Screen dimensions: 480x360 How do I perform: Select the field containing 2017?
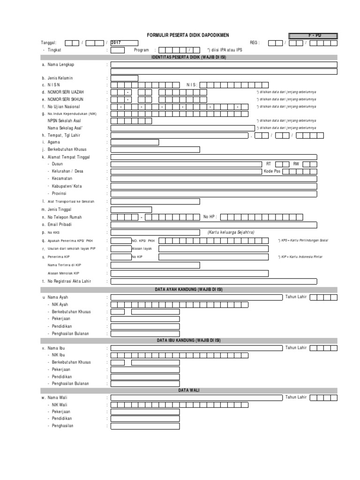coord(124,43)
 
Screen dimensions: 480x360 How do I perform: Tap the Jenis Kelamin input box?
coord(124,78)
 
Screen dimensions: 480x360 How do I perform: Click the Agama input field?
coord(135,142)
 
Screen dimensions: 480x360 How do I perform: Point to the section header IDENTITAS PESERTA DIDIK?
coord(188,57)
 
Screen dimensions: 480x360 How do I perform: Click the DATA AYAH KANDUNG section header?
coord(188,290)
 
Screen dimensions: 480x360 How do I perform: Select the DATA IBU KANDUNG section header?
coord(188,340)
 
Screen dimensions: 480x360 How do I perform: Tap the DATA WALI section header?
coord(188,390)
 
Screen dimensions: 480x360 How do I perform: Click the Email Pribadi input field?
coord(213,225)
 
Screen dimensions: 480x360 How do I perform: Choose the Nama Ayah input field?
coord(196,297)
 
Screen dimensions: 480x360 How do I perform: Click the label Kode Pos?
coord(272,172)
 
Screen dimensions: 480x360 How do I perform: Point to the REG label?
coord(255,43)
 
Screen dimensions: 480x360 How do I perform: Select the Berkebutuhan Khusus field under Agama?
coord(155,150)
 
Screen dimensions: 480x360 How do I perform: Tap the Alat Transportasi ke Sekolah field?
coord(155,202)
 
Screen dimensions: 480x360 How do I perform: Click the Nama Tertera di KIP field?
coord(155,265)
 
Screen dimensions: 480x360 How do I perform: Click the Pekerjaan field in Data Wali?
coord(145,412)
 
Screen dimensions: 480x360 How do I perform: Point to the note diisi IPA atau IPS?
coord(225,50)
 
